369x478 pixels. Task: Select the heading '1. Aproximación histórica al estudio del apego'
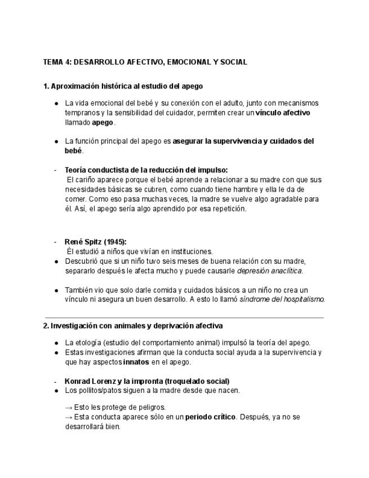pyautogui.click(x=123, y=86)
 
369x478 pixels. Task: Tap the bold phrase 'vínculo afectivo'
pyautogui.click(x=283, y=113)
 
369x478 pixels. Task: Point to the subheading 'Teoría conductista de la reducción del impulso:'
pyautogui.click(x=146, y=170)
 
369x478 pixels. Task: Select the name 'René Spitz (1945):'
pyautogui.click(x=95, y=242)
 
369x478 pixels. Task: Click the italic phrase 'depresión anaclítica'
pyautogui.click(x=269, y=271)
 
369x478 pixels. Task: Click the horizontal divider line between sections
pyautogui.click(x=184, y=318)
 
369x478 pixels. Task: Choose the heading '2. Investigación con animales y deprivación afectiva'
pyautogui.click(x=132, y=326)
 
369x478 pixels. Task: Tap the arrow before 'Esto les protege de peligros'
pyautogui.click(x=69, y=407)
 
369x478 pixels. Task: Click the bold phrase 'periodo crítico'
pyautogui.click(x=210, y=417)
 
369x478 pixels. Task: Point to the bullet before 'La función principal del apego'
pyautogui.click(x=56, y=141)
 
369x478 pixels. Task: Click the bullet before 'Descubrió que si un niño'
pyautogui.click(x=56, y=262)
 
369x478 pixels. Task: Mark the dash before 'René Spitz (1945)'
pyautogui.click(x=55, y=242)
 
